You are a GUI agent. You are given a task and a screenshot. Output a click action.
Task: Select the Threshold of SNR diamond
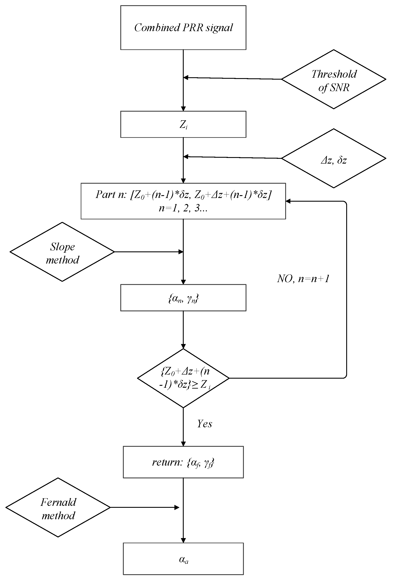pyautogui.click(x=333, y=80)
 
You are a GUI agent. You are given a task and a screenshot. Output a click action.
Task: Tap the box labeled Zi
pyautogui.click(x=183, y=124)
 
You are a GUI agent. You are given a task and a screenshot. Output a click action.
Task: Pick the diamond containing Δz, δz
pyautogui.click(x=333, y=159)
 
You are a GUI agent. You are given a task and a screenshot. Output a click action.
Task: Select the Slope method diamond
pyautogui.click(x=62, y=252)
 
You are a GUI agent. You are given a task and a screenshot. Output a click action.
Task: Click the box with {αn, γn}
pyautogui.click(x=183, y=298)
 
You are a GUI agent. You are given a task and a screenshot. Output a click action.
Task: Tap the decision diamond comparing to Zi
pyautogui.click(x=183, y=378)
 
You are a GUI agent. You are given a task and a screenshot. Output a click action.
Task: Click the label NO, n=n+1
pyautogui.click(x=303, y=279)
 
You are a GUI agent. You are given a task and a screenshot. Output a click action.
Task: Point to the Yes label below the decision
pyautogui.click(x=204, y=424)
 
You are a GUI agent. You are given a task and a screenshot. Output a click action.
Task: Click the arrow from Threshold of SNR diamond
pyautogui.click(x=233, y=78)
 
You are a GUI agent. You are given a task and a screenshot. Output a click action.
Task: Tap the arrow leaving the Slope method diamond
pyautogui.click(x=148, y=252)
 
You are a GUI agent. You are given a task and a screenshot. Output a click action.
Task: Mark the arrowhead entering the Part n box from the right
pyautogui.click(x=288, y=201)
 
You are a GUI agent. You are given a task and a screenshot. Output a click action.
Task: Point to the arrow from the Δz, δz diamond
pyautogui.click(x=233, y=158)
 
